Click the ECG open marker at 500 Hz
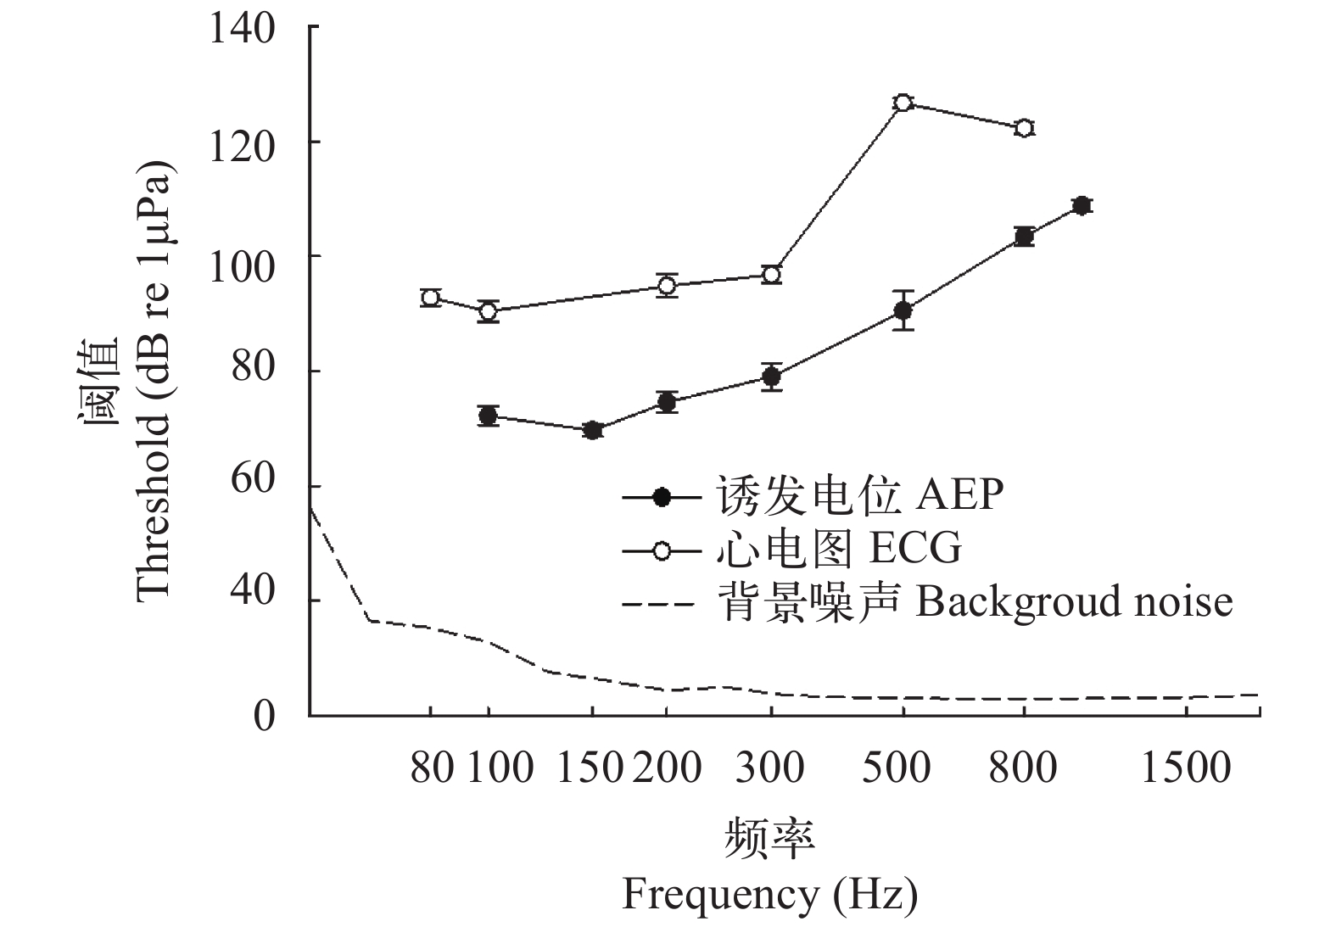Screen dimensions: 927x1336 coord(903,103)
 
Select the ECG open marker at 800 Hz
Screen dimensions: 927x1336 coord(1024,128)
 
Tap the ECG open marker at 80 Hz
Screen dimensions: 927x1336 coord(431,297)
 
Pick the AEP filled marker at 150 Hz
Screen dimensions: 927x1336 coord(593,430)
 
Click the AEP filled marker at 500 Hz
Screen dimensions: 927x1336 coord(903,310)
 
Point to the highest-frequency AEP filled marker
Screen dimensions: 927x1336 coord(1082,205)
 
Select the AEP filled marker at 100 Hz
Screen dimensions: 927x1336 coord(488,416)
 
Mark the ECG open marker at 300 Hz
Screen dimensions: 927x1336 coord(771,274)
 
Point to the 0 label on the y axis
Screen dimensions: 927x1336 coord(265,714)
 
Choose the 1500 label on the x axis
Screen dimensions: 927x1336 coord(1185,768)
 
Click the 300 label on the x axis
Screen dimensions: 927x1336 coord(770,768)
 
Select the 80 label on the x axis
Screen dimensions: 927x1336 coord(431,768)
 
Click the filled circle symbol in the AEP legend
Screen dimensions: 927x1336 coord(662,497)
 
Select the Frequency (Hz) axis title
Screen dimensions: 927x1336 coord(769,895)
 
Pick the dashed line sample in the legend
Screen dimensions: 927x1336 coord(662,605)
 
